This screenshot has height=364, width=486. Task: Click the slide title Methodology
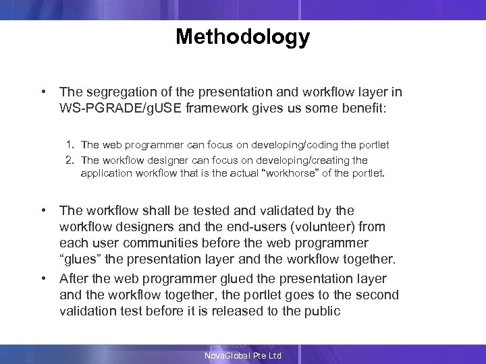[x=242, y=36]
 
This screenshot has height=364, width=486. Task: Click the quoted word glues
[x=78, y=260]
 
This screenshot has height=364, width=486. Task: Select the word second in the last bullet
[x=378, y=295]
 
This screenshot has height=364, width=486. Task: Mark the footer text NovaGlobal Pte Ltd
[x=242, y=356]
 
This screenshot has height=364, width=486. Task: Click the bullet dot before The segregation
[x=43, y=92]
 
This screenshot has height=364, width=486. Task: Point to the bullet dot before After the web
[x=43, y=278]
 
